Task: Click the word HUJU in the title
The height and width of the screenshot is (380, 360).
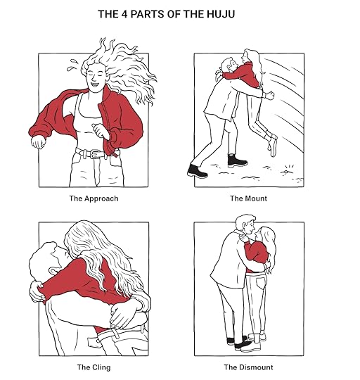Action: [221, 14]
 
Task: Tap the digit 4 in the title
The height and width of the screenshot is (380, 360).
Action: [124, 14]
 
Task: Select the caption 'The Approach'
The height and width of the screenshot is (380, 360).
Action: [94, 198]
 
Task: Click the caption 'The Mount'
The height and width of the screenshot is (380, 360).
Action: [248, 198]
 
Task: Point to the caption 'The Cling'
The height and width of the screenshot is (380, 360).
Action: [94, 367]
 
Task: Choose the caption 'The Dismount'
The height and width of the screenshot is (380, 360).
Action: [248, 367]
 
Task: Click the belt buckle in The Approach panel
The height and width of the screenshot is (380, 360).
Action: [96, 154]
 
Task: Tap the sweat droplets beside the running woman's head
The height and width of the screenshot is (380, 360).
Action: [72, 65]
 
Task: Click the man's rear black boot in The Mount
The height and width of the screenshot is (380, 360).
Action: [197, 172]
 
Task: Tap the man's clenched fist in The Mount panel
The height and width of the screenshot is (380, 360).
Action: [270, 96]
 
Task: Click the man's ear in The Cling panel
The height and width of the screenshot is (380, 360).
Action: [52, 270]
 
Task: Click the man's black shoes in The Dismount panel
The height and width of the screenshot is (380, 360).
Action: [240, 342]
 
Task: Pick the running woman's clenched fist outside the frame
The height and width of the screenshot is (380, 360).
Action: [38, 141]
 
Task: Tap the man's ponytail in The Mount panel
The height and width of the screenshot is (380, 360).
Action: [219, 72]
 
